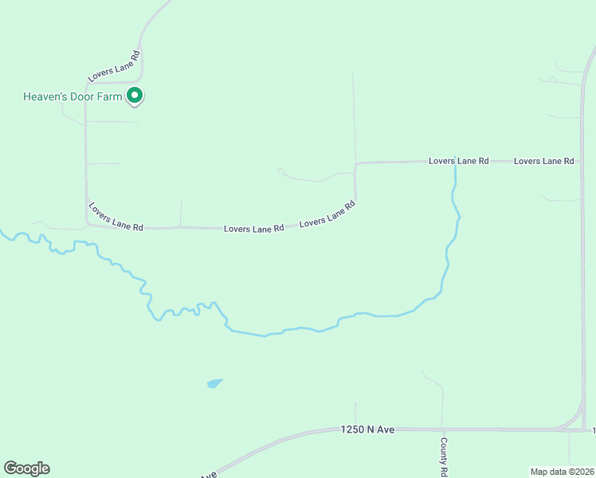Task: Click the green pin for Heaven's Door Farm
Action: tap(135, 96)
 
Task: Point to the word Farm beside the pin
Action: tap(112, 97)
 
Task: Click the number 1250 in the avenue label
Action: tap(352, 429)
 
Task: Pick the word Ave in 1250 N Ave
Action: tap(386, 429)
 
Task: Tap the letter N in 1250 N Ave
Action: tap(371, 429)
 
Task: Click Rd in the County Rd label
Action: tap(443, 471)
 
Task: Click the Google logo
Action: tap(26, 468)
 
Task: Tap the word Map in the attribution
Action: tap(539, 472)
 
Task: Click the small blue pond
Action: tap(214, 383)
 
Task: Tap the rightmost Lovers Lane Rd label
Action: tap(544, 161)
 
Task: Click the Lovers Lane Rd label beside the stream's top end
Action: tap(458, 161)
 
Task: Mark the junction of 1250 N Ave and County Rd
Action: tap(443, 429)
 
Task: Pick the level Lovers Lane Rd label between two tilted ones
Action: tap(254, 229)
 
